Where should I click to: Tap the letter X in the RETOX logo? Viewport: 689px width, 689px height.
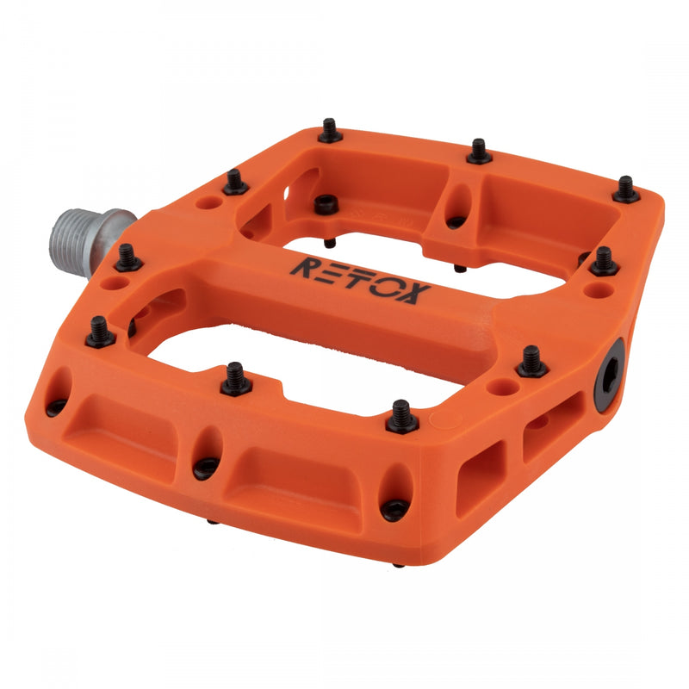pos(409,293)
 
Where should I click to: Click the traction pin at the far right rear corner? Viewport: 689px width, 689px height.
pos(626,189)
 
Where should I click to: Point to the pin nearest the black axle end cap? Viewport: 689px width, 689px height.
pos(532,361)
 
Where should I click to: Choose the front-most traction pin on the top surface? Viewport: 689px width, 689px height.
pos(401,416)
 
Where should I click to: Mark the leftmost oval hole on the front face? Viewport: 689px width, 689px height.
pos(59,388)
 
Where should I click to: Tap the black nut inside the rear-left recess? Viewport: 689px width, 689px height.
pos(325,204)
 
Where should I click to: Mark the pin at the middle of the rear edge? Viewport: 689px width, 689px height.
pos(480,152)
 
